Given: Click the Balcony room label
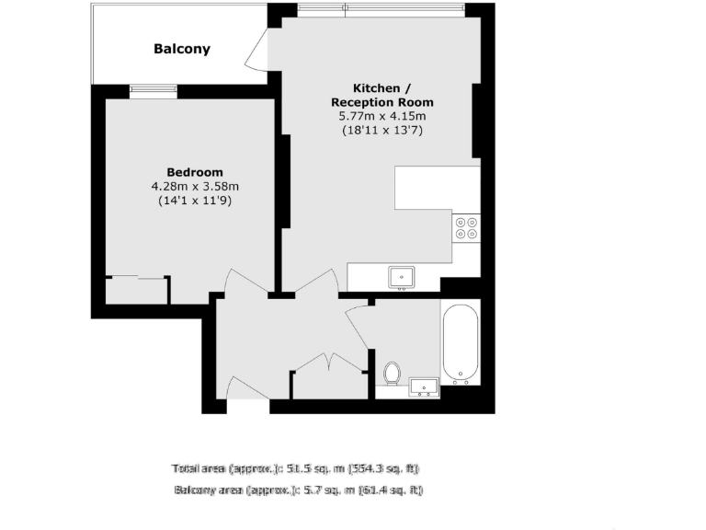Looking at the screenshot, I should [182, 49].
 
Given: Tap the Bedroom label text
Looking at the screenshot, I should [194, 172].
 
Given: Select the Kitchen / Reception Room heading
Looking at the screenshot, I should [381, 94].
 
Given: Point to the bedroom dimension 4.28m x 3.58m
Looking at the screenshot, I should [194, 187].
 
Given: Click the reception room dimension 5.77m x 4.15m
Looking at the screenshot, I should [382, 116].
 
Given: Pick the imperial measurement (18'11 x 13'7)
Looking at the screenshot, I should [382, 131].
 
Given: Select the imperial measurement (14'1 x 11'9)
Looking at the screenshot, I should [194, 201].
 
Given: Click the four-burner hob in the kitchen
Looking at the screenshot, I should [466, 227].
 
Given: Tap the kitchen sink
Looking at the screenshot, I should [402, 275].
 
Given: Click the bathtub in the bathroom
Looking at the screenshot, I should [461, 342].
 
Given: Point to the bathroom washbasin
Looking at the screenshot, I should [424, 387].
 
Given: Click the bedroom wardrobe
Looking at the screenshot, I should [137, 289].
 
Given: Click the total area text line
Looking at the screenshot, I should [301, 467].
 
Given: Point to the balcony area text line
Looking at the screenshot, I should [299, 490].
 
